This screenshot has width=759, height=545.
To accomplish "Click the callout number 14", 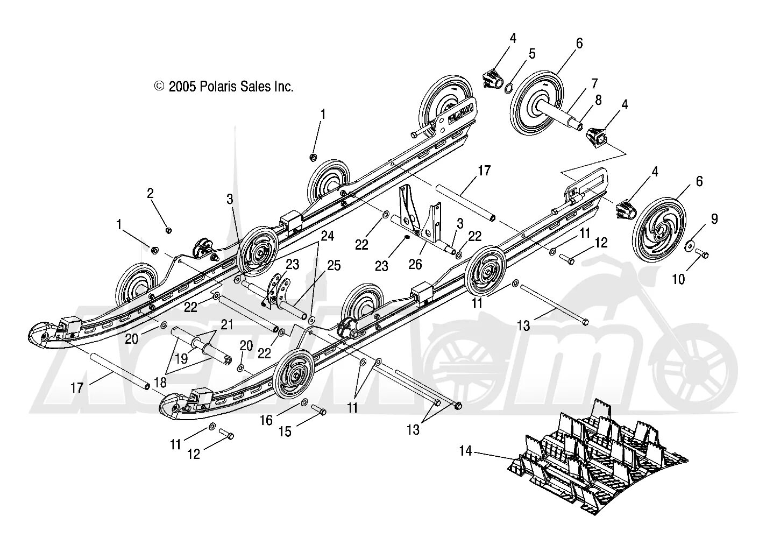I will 466,451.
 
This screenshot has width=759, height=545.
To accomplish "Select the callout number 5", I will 532,53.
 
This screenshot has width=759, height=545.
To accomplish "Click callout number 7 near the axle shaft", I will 594,83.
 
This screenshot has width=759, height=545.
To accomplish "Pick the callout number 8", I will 598,100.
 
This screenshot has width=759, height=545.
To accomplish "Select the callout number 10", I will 679,279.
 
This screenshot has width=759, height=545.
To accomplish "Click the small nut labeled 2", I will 168,230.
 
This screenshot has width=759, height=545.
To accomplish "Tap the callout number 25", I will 334,265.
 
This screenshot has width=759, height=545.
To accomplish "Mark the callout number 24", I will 327,235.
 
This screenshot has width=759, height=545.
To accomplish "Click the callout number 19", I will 181,359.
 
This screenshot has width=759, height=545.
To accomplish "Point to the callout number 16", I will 267,420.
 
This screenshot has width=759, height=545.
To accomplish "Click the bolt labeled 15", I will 321,412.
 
